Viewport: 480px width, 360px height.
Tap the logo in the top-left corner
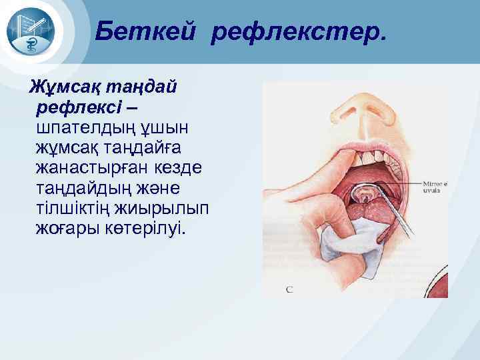tap(35, 32)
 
